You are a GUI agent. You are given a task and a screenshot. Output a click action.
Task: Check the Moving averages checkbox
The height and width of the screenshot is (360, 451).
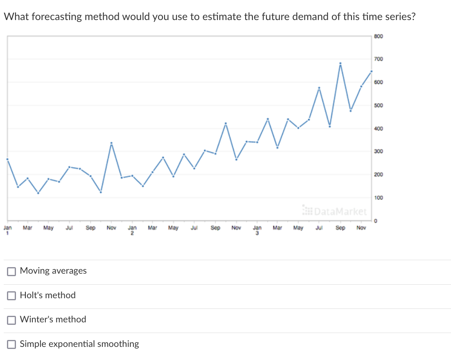click(12, 271)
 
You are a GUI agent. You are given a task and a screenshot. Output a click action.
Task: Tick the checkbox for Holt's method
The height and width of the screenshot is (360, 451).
click(12, 295)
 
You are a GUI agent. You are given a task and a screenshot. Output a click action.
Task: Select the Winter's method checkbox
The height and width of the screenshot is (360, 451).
click(12, 319)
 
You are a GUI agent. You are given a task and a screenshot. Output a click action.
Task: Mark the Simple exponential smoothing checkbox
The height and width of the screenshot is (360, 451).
click(12, 344)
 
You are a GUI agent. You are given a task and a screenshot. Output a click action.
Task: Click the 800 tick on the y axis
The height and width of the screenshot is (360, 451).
click(379, 36)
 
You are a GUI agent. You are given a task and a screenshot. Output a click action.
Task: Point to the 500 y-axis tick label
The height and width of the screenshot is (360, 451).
click(379, 106)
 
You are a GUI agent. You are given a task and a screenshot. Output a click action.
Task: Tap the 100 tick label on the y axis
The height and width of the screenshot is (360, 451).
click(379, 198)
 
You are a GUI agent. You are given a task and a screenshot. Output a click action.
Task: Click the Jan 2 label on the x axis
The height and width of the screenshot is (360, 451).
click(132, 230)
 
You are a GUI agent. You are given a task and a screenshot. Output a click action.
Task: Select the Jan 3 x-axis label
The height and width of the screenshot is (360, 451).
click(257, 230)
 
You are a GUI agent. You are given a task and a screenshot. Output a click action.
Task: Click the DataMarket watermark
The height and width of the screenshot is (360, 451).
click(335, 211)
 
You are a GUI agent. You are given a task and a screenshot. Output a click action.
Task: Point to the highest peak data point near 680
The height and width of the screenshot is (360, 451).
click(340, 63)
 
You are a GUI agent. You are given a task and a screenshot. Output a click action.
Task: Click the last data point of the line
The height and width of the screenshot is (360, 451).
click(371, 72)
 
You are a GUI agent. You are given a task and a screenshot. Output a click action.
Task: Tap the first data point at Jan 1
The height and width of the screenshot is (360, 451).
click(7, 159)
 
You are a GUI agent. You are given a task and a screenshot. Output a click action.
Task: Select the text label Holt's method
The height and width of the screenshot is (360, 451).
click(48, 295)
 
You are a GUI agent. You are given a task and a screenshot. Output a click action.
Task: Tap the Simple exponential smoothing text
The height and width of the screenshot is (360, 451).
click(79, 344)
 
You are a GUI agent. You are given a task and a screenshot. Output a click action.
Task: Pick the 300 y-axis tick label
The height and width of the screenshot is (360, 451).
click(379, 152)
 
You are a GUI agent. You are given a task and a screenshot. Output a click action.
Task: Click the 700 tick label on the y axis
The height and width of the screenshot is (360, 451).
click(379, 59)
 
